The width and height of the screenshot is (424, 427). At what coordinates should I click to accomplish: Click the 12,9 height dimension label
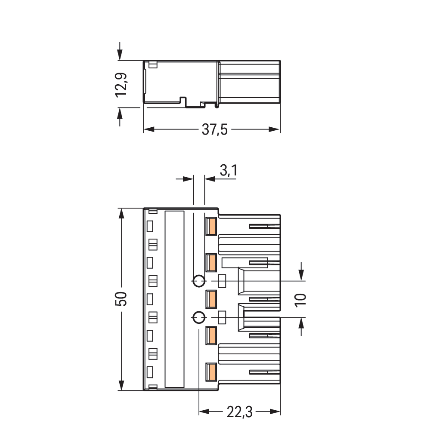(x=121, y=84)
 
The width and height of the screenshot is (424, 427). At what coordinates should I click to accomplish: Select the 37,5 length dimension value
(x=214, y=129)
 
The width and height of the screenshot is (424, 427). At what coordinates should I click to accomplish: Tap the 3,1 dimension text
(x=228, y=171)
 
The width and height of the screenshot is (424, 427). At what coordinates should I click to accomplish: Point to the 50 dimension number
(x=121, y=299)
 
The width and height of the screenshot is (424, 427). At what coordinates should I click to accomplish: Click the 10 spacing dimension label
(x=300, y=300)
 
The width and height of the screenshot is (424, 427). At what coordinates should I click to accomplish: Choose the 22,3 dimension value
(x=239, y=412)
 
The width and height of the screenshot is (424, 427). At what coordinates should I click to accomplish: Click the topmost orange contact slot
(x=211, y=226)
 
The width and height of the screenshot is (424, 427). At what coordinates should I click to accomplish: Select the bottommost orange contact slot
(x=211, y=372)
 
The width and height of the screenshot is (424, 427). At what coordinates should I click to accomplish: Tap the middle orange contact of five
(x=211, y=299)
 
